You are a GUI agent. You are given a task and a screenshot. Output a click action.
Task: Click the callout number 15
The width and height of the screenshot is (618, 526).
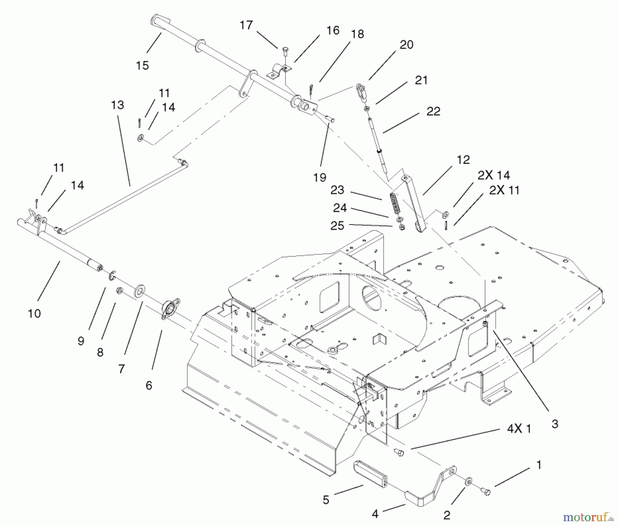[142, 65]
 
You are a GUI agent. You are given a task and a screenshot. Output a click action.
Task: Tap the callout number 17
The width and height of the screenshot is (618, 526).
[246, 25]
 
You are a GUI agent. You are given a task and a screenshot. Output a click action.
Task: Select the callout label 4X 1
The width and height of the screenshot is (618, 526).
[519, 429]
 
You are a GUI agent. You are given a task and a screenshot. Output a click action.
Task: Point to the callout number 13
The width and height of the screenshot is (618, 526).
[117, 105]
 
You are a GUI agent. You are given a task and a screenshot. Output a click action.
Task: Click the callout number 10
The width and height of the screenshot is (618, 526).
[34, 313]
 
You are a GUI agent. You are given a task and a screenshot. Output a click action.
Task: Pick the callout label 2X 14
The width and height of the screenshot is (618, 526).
[494, 175]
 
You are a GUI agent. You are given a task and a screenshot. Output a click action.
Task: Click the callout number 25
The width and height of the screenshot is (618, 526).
[337, 226]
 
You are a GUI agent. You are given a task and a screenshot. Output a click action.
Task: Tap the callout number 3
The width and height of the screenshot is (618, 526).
[555, 424]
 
